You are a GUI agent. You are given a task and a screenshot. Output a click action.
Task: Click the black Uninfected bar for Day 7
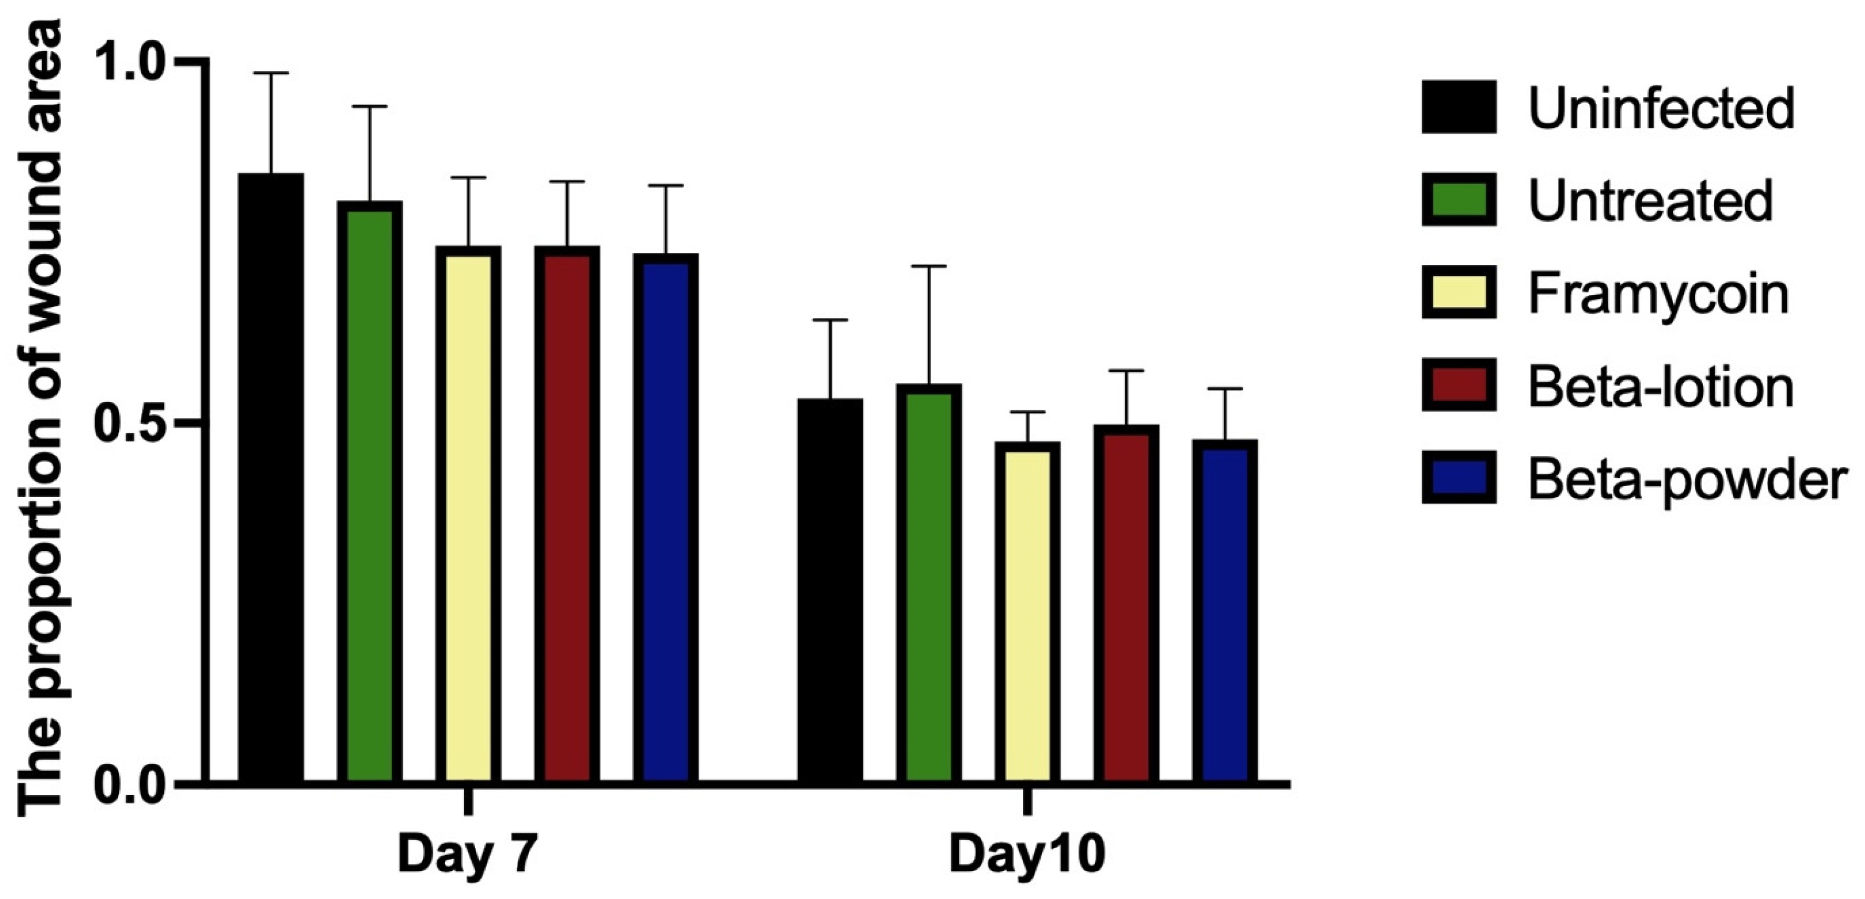(x=272, y=478)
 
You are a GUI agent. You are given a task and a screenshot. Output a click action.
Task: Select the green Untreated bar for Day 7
(x=370, y=493)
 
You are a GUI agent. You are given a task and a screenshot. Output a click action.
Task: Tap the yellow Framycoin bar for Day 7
(x=468, y=515)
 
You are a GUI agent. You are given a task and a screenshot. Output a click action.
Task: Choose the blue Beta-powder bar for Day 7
(x=665, y=518)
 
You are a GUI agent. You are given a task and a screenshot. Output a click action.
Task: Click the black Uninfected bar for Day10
(x=831, y=591)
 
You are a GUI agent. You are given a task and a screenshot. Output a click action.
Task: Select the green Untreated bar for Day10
(x=929, y=584)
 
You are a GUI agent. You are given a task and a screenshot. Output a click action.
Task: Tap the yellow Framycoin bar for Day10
(x=1027, y=612)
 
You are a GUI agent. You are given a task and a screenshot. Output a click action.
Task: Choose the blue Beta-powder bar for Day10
(x=1224, y=611)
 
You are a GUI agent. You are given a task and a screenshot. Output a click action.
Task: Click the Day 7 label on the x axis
(x=468, y=855)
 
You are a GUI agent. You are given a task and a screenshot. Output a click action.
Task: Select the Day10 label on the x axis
(x=1027, y=855)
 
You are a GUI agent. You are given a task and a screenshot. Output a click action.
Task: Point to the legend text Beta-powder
(x=1687, y=480)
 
